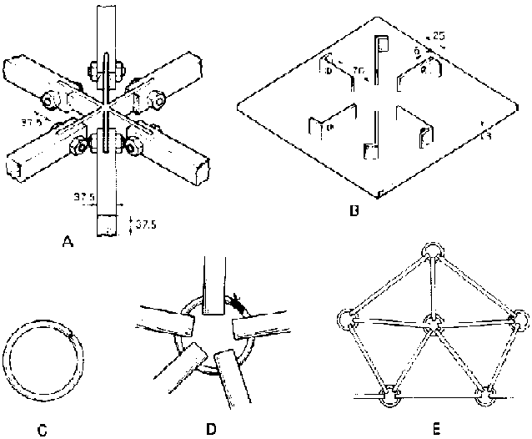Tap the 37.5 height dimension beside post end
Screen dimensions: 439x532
tap(142, 223)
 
